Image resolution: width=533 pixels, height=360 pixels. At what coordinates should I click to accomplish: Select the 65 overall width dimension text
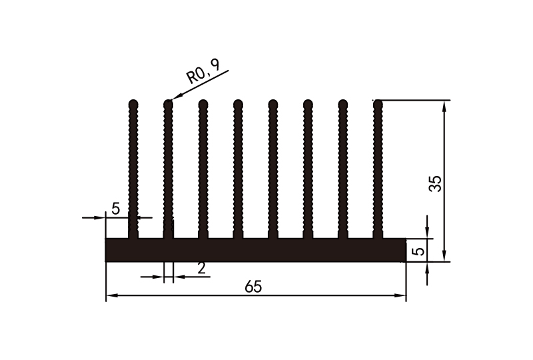pyautogui.click(x=253, y=287)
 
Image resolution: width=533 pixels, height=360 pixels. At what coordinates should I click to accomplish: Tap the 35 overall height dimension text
pyautogui.click(x=435, y=183)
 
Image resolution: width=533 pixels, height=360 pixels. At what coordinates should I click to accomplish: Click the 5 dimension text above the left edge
pyautogui.click(x=115, y=209)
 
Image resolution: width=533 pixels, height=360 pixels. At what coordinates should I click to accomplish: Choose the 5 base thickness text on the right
pyautogui.click(x=418, y=251)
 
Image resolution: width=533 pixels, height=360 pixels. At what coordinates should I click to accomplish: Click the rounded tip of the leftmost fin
pyautogui.click(x=133, y=104)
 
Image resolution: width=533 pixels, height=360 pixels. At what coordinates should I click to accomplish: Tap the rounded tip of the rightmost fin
pyautogui.click(x=378, y=104)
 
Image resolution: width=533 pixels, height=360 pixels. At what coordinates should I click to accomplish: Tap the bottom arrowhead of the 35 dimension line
pyautogui.click(x=444, y=256)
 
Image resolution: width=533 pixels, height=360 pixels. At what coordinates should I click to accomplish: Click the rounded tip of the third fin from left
pyautogui.click(x=203, y=104)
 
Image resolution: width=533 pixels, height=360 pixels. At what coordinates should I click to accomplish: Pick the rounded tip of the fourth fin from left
pyautogui.click(x=238, y=104)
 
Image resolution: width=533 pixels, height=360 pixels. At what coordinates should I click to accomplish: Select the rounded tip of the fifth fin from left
pyautogui.click(x=272, y=104)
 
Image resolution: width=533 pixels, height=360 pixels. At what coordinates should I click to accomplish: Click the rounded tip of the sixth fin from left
pyautogui.click(x=308, y=104)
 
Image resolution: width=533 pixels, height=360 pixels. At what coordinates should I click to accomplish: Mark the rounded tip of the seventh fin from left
pyautogui.click(x=342, y=104)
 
